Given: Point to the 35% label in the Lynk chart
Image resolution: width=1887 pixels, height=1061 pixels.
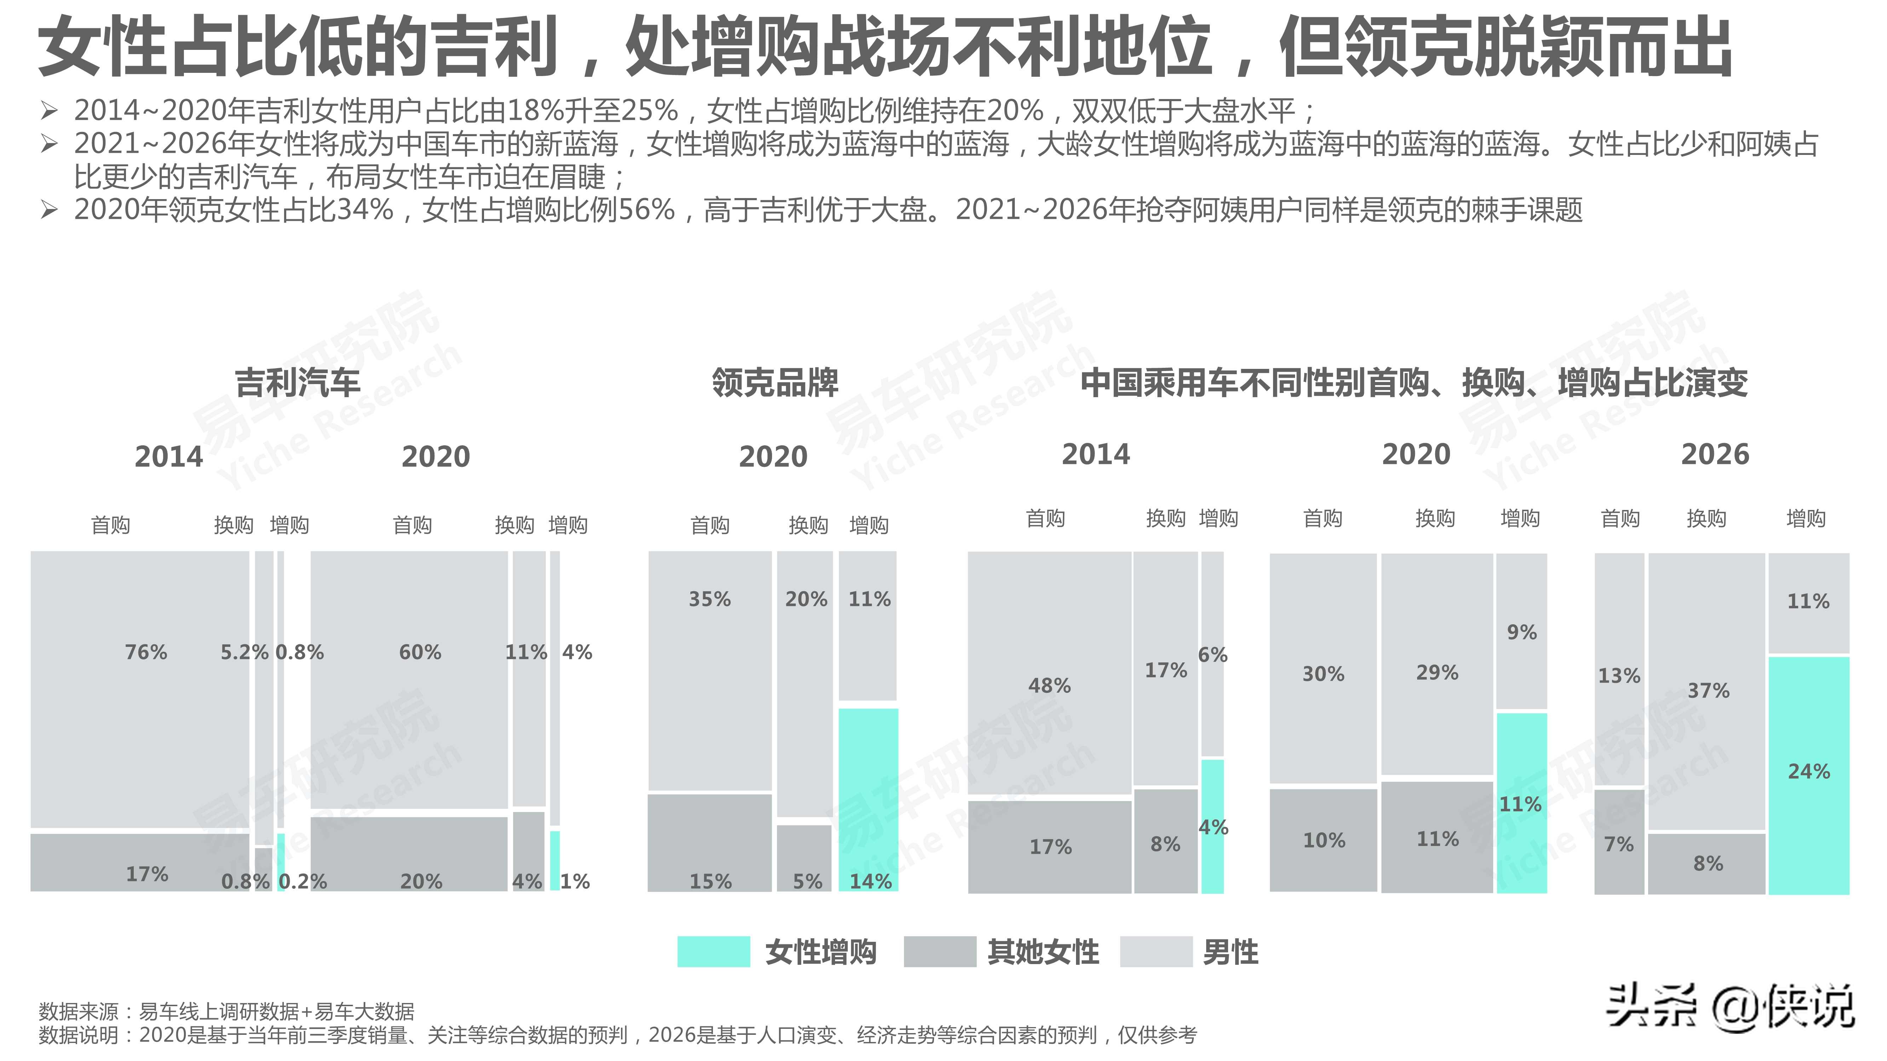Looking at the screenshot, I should tap(709, 599).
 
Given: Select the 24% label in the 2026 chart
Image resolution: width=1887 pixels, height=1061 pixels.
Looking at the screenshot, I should tap(1808, 771).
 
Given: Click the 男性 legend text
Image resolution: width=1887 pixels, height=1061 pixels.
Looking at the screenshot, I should tap(1231, 952).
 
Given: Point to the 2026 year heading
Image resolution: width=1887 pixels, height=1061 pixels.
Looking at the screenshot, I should tap(1715, 455).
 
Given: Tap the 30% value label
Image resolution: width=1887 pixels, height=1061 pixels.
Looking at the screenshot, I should tap(1323, 674).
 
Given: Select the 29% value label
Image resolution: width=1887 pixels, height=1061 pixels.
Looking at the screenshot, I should tap(1437, 672).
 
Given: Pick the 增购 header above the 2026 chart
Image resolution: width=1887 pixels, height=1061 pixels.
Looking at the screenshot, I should tap(1806, 518).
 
